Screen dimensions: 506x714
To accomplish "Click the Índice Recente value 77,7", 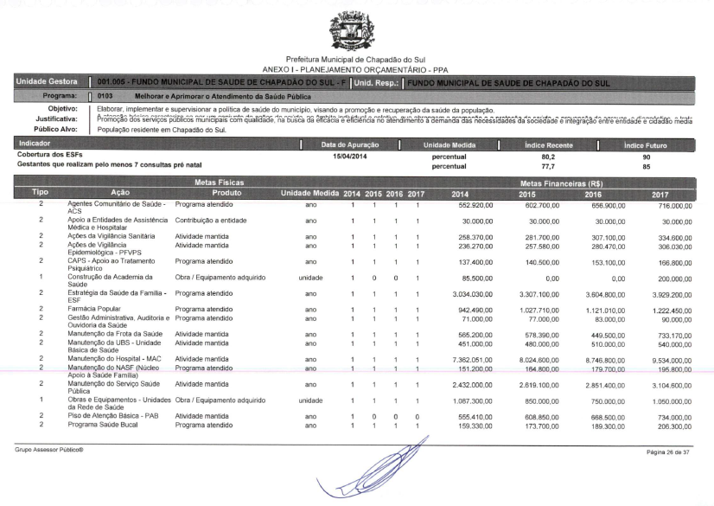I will click(547, 164).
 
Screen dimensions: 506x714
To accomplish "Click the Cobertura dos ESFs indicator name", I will click(48, 156).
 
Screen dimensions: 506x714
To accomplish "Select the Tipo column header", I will click(41, 193).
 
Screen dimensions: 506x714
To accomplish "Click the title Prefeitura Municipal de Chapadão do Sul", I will click(357, 59).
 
